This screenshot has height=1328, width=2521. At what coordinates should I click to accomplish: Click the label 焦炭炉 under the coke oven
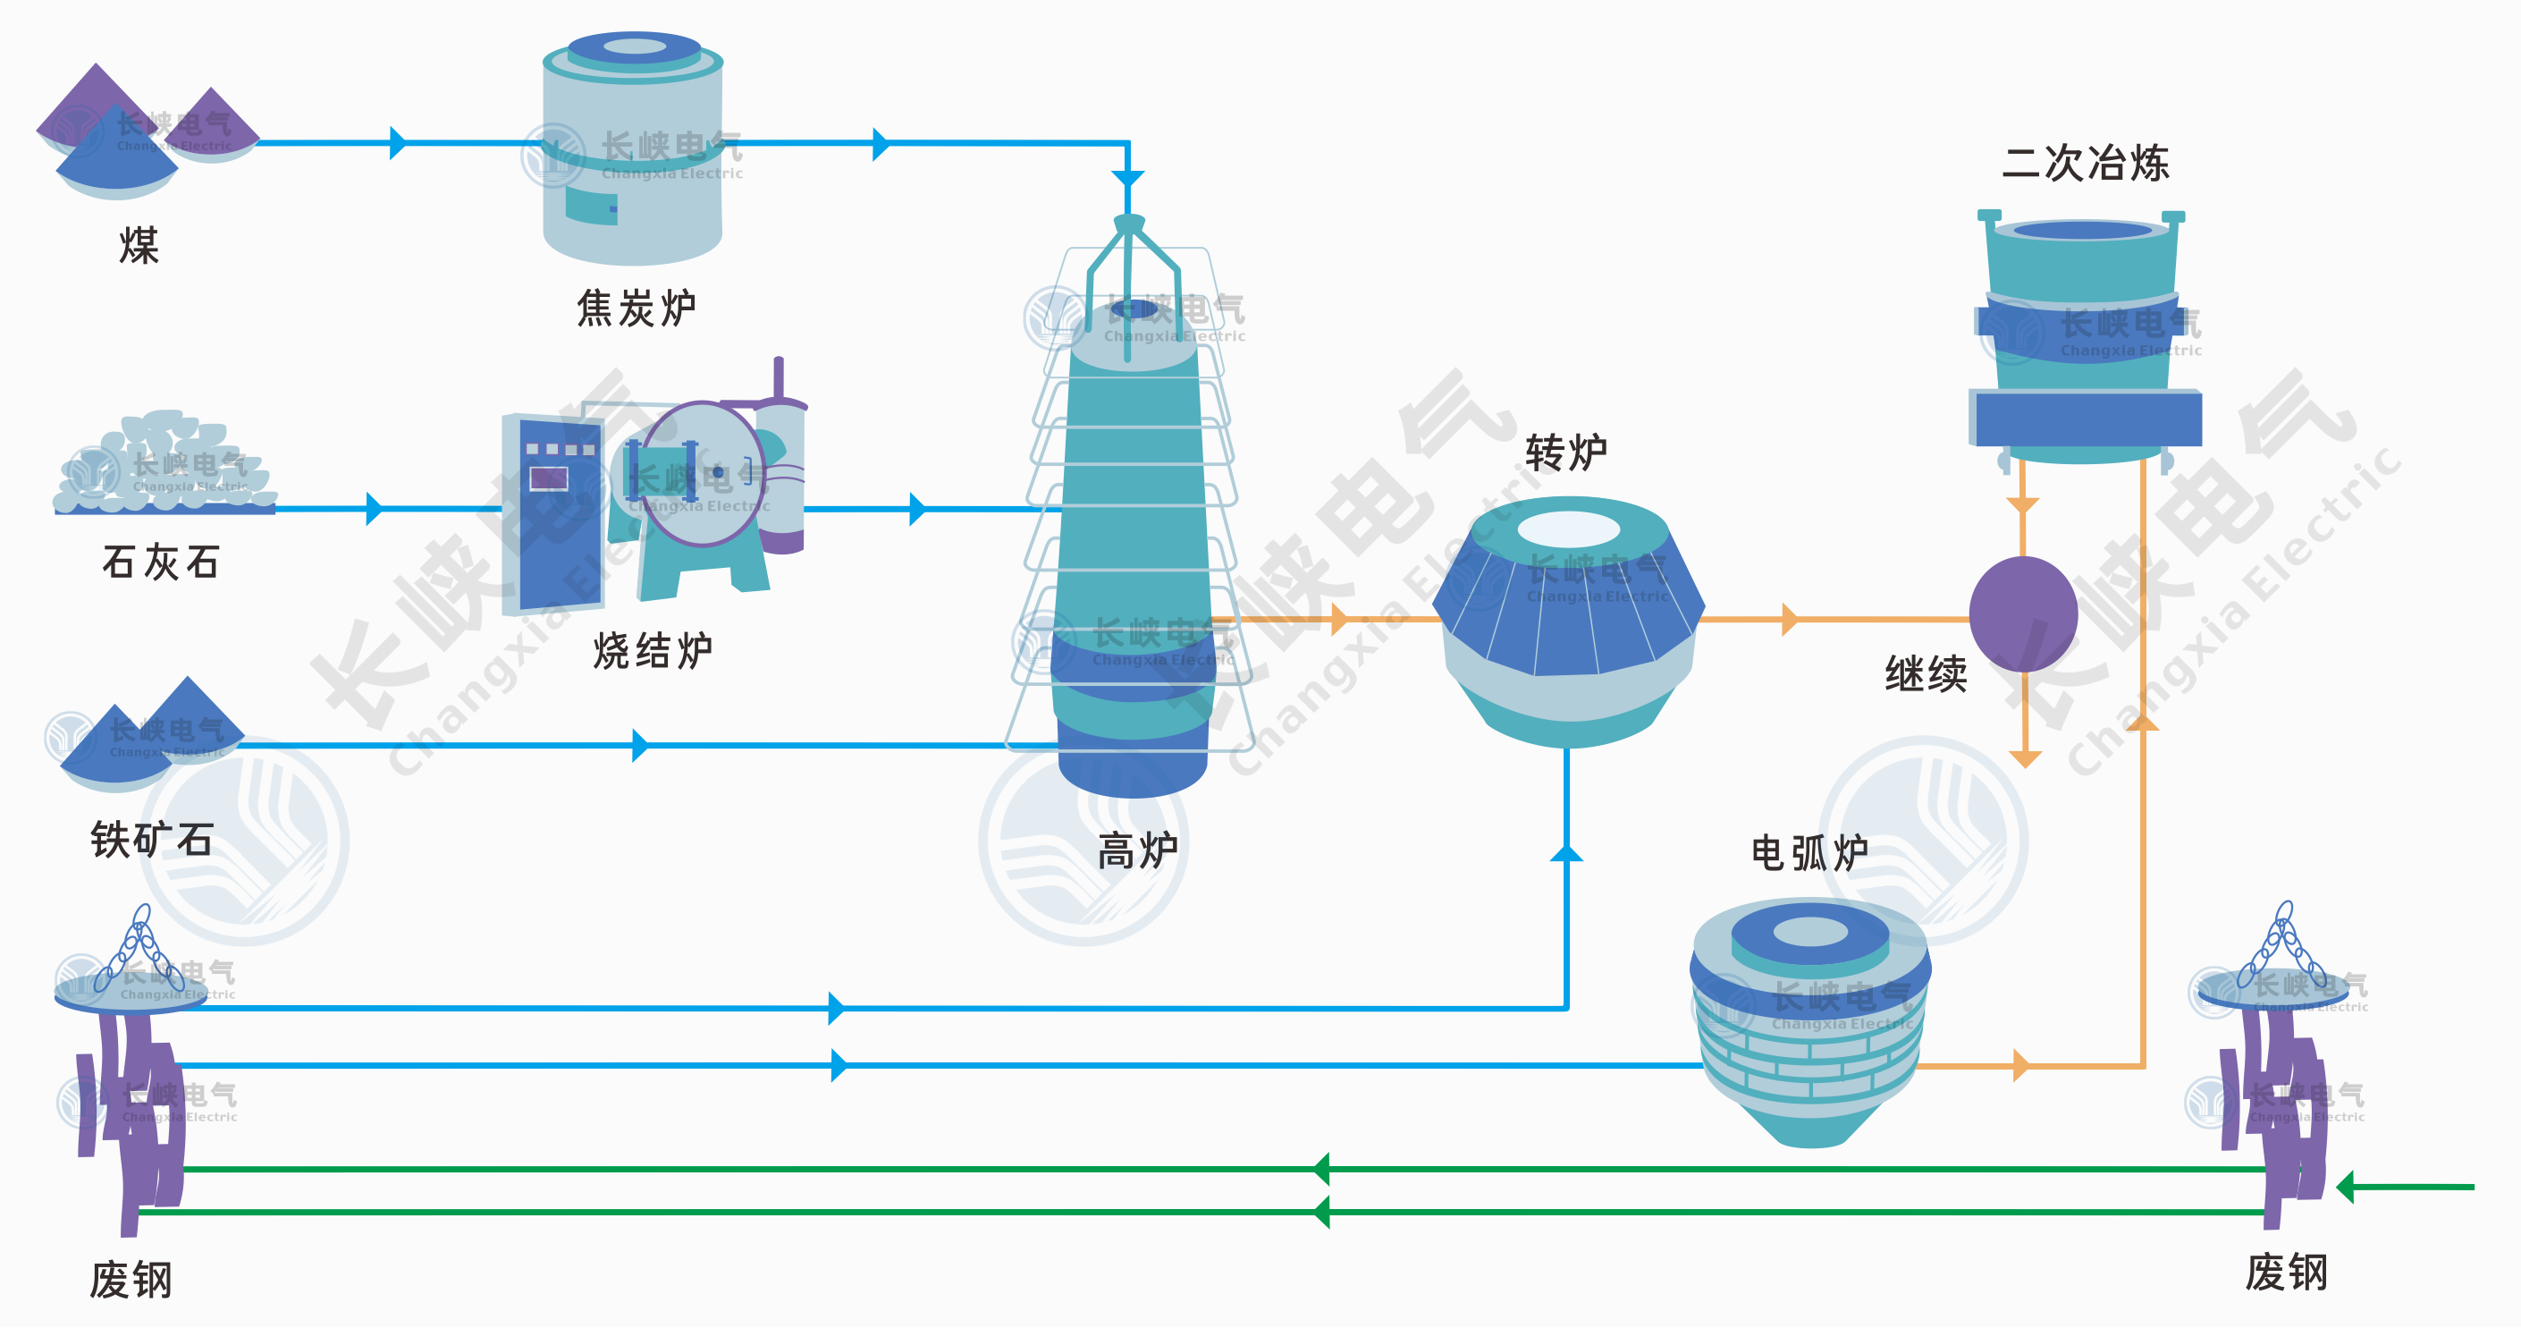click(x=637, y=309)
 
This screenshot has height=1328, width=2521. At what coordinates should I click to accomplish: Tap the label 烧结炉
click(x=653, y=651)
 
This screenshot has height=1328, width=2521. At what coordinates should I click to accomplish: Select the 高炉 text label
click(x=1137, y=850)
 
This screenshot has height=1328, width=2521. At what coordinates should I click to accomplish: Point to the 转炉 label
click(x=1566, y=453)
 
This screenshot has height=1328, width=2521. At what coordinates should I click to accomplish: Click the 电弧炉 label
click(x=1809, y=853)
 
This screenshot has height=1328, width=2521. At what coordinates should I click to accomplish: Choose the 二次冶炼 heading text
click(x=2086, y=164)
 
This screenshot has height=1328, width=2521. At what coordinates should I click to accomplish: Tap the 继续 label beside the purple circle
click(x=1925, y=674)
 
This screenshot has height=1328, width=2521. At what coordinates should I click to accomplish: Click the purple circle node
click(x=2023, y=613)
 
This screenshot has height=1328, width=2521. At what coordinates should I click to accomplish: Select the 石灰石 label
click(x=162, y=562)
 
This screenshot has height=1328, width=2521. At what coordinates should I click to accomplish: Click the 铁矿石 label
click(x=152, y=840)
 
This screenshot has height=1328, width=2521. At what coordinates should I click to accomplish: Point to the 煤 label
click(x=138, y=246)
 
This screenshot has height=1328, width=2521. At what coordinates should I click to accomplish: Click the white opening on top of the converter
click(x=1569, y=529)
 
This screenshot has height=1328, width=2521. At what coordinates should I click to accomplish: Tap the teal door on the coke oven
click(x=591, y=206)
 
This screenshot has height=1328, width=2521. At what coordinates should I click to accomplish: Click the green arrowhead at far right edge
click(x=2346, y=1187)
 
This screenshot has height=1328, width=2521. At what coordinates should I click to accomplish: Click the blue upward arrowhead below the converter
click(x=1567, y=852)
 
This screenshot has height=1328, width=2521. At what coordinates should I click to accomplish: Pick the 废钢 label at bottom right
click(x=2286, y=1273)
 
